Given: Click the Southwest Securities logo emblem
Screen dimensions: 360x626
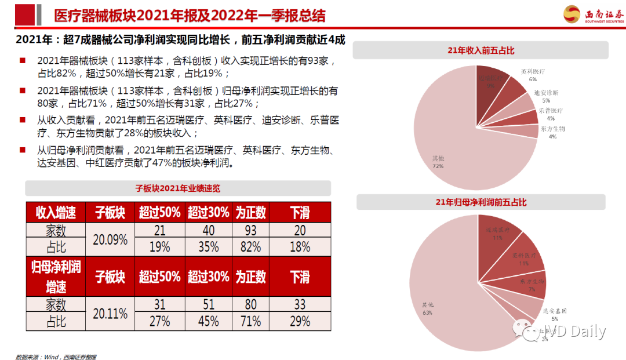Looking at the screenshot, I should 573,14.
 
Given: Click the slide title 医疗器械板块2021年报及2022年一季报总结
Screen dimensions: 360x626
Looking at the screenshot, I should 189,16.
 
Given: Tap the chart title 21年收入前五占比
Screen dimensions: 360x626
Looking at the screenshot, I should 481,50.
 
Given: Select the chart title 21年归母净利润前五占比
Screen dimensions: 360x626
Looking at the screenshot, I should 481,202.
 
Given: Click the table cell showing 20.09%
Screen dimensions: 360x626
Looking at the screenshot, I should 110,239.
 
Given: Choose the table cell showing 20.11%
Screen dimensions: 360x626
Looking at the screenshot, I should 110,314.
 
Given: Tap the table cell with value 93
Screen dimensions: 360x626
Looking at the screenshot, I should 250,231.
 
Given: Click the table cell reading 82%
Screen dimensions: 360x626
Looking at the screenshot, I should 250,247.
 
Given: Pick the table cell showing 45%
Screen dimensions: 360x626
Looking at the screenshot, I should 208,321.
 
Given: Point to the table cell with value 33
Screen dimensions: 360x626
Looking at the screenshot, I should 300,305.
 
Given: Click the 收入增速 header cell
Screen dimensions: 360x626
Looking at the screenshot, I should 56,213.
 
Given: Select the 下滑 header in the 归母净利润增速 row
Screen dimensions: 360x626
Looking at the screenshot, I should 300,277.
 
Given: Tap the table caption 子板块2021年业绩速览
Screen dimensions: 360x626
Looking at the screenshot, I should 178,188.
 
